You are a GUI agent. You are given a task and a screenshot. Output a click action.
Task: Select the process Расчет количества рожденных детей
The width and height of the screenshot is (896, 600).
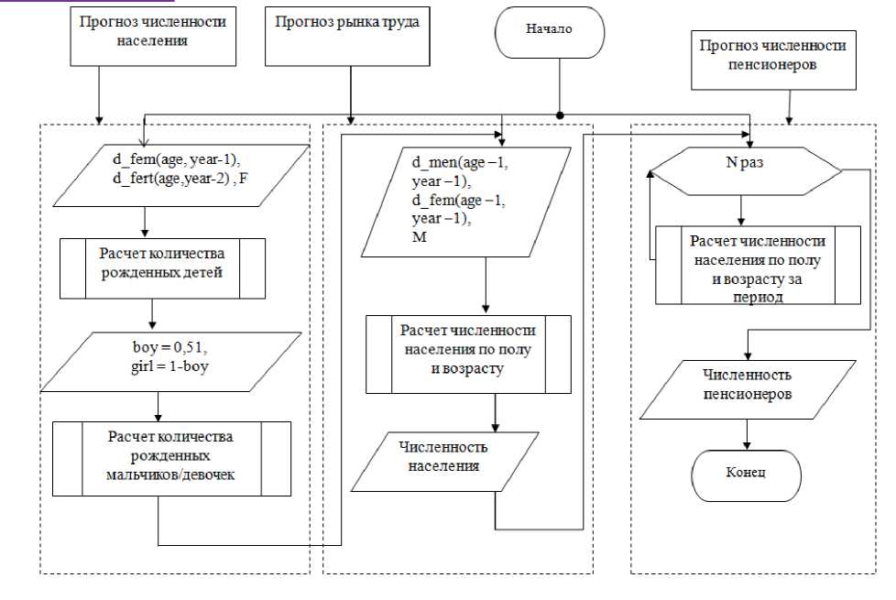tap(162, 268)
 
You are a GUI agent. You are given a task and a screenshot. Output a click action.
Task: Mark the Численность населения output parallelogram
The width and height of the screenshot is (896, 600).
tap(443, 454)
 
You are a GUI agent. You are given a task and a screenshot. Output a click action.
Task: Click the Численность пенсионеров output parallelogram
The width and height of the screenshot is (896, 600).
tap(748, 385)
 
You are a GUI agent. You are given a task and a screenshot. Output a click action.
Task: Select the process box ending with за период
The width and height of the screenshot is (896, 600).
tap(758, 265)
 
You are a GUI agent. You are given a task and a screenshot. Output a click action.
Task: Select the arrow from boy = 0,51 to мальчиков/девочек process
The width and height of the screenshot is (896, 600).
tap(160, 405)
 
